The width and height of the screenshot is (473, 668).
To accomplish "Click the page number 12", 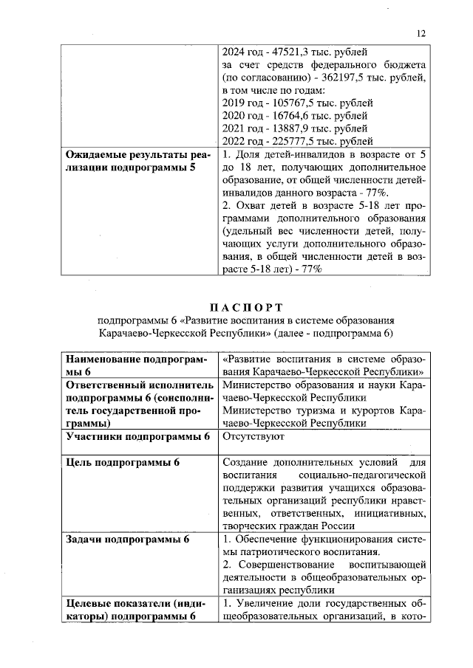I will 421,33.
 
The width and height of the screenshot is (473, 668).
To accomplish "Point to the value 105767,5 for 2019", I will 290,103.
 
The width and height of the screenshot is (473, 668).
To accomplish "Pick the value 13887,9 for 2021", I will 288,128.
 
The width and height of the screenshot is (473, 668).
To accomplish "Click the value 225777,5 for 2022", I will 290,141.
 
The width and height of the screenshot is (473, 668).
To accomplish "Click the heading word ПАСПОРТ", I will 245,307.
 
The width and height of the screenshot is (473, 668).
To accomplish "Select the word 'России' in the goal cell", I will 339,526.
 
